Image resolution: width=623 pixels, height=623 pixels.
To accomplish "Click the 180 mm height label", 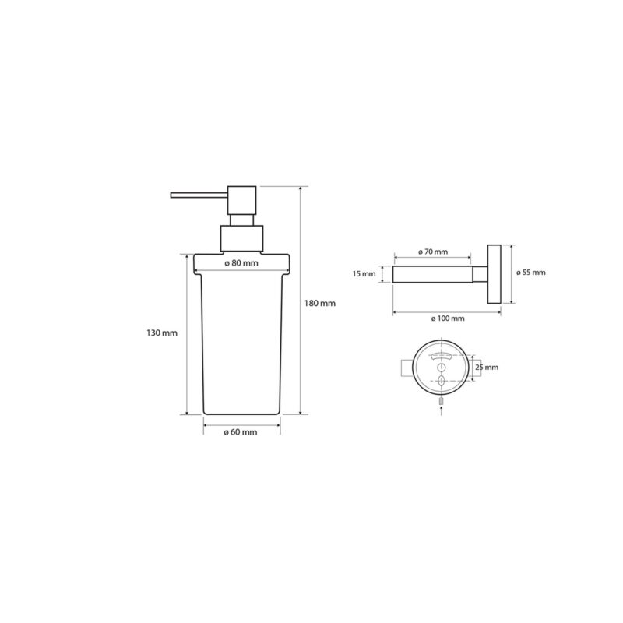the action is (x=320, y=303).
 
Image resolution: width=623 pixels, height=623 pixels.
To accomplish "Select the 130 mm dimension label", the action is (x=162, y=333).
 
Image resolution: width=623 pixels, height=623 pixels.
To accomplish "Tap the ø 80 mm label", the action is (x=241, y=263).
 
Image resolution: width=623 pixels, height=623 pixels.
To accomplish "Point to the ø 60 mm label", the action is (x=241, y=432).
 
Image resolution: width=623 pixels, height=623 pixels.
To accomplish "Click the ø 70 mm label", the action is (x=433, y=252).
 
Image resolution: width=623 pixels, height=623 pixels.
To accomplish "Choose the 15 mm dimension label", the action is (x=364, y=274).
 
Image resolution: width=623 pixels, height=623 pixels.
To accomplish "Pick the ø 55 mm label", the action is (x=531, y=273).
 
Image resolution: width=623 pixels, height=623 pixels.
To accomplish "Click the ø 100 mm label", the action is (x=448, y=319).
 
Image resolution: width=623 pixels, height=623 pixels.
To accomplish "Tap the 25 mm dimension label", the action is (x=487, y=367).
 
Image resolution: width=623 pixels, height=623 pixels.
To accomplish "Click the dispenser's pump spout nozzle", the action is (x=199, y=195).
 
